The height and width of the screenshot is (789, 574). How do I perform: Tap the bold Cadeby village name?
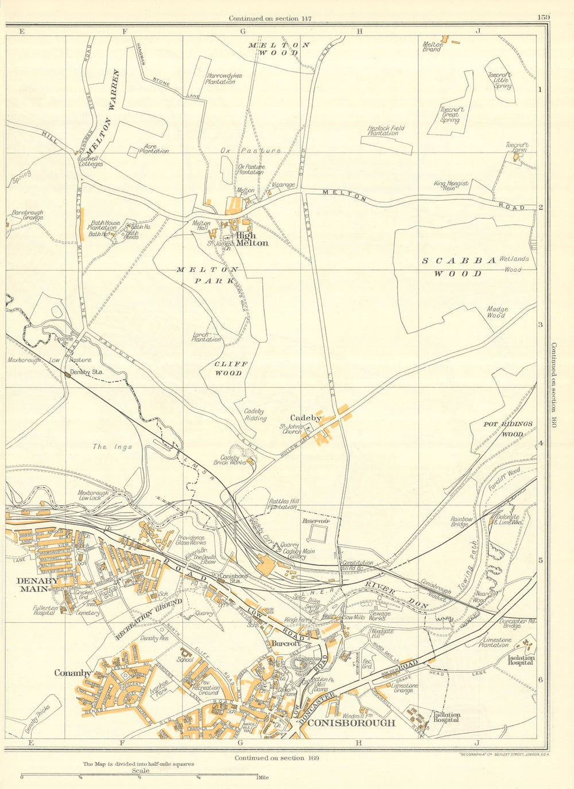click(x=305, y=418)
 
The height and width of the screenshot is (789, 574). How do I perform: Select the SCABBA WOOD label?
click(x=459, y=267)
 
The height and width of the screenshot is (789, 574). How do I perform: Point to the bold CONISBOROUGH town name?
click(x=351, y=723)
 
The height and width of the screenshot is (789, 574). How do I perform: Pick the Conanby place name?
click(x=73, y=673)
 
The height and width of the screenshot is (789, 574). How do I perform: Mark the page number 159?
click(x=544, y=17)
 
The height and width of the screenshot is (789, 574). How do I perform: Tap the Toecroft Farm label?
click(x=517, y=148)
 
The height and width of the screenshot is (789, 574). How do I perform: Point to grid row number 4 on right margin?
click(x=540, y=443)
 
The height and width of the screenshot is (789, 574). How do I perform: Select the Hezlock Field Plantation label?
click(x=386, y=131)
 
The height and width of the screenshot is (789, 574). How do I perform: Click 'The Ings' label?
click(x=113, y=447)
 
